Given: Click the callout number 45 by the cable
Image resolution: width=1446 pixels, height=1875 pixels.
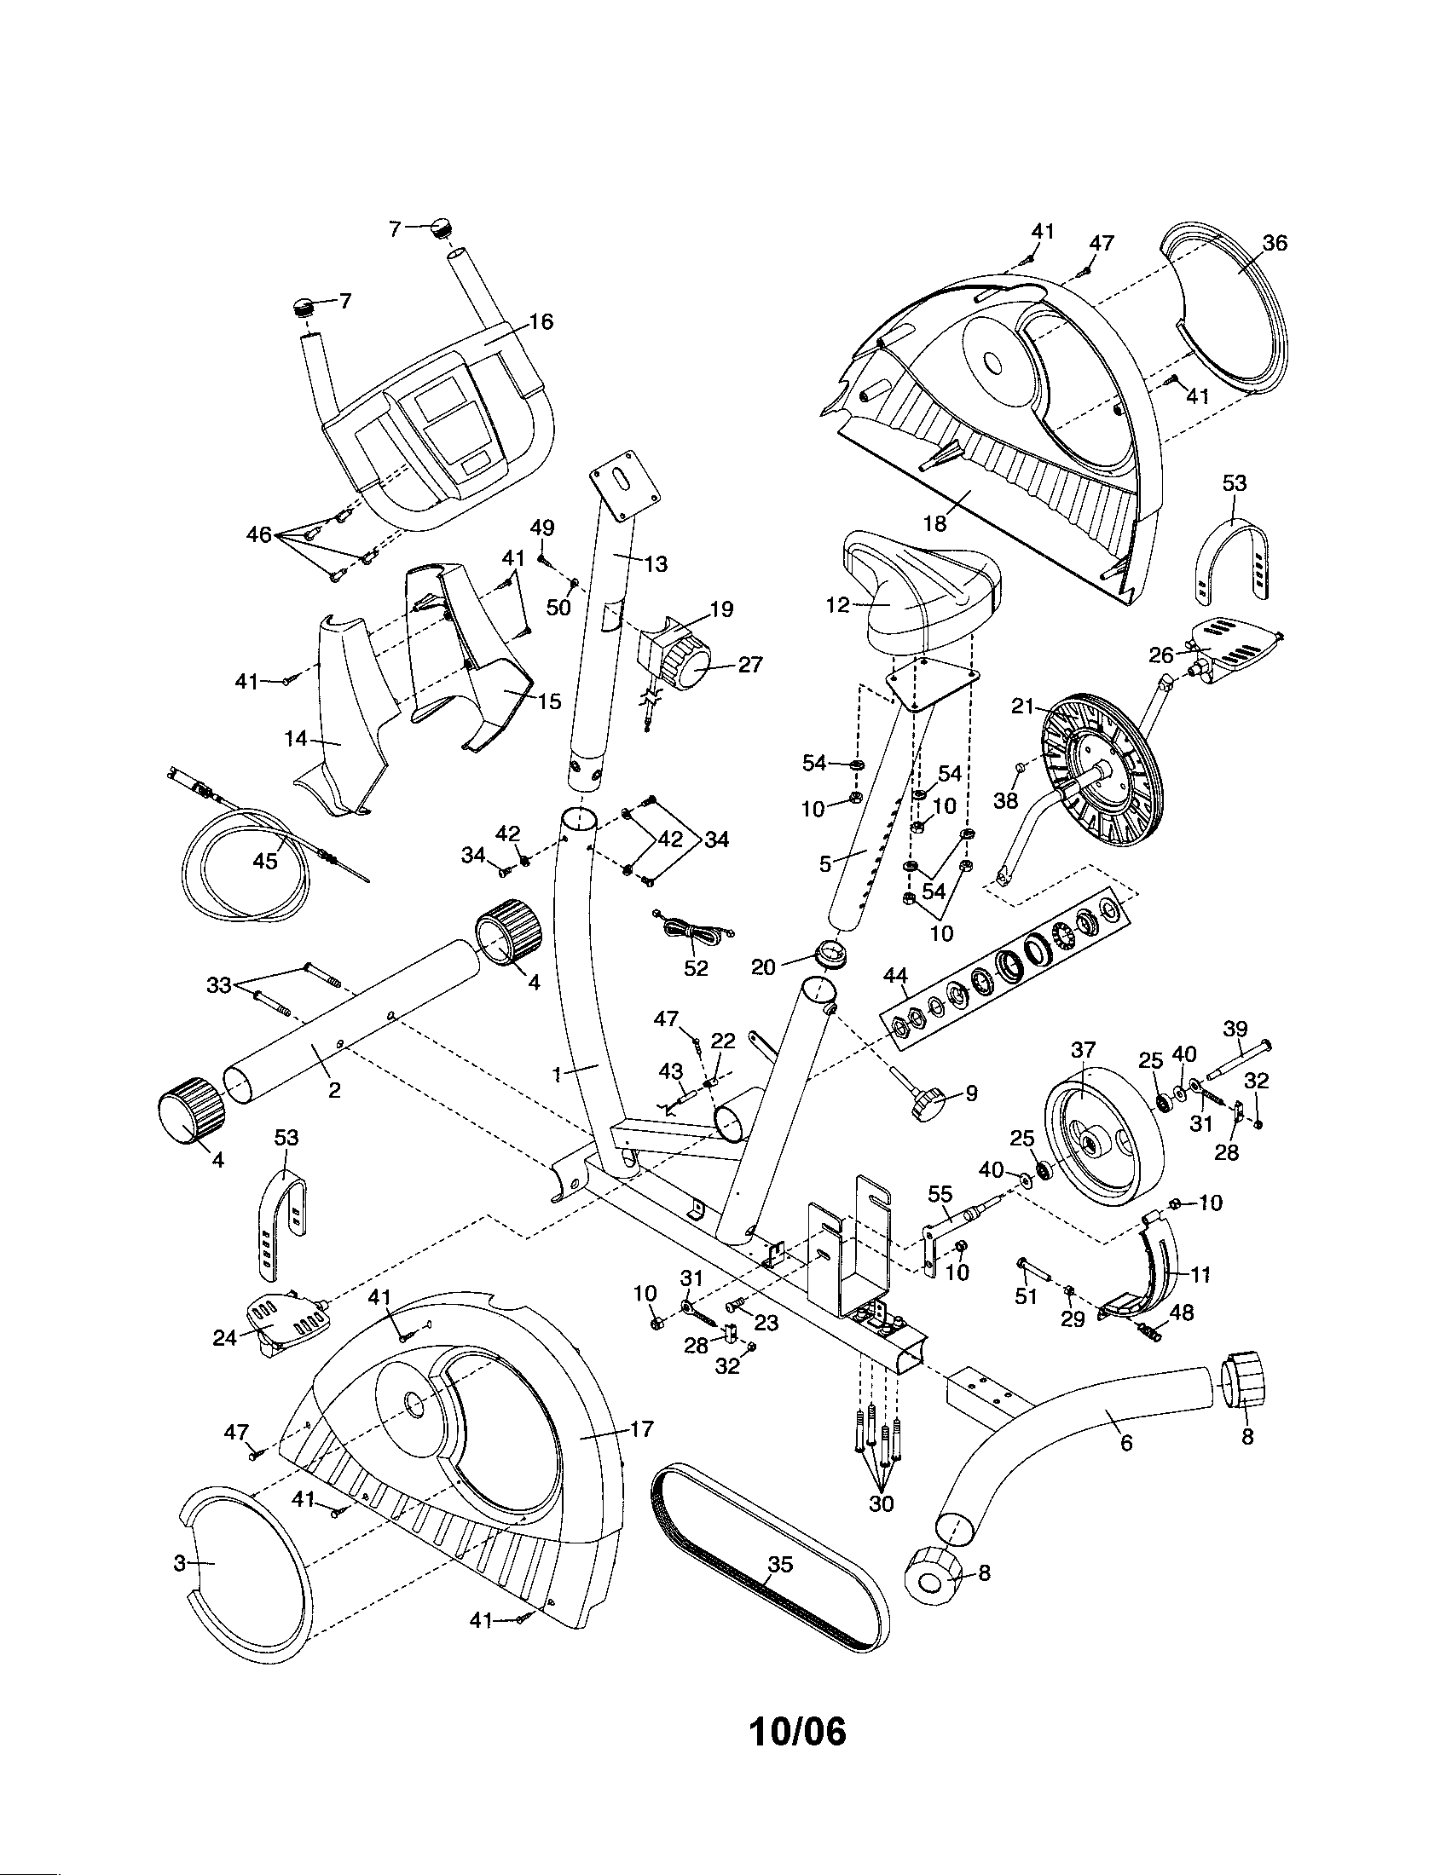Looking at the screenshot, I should [265, 860].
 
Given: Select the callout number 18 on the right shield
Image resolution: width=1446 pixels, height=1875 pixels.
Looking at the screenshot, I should [934, 522].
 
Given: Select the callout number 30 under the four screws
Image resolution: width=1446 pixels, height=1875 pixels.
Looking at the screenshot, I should [881, 1503].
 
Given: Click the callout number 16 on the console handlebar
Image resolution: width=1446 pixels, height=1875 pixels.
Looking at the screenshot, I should [541, 322].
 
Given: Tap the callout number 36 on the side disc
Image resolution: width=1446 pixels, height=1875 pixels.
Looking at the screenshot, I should [1275, 243].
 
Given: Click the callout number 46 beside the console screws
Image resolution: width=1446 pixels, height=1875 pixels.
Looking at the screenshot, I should [258, 535].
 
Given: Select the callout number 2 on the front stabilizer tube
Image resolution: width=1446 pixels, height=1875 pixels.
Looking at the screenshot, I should [334, 1089].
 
